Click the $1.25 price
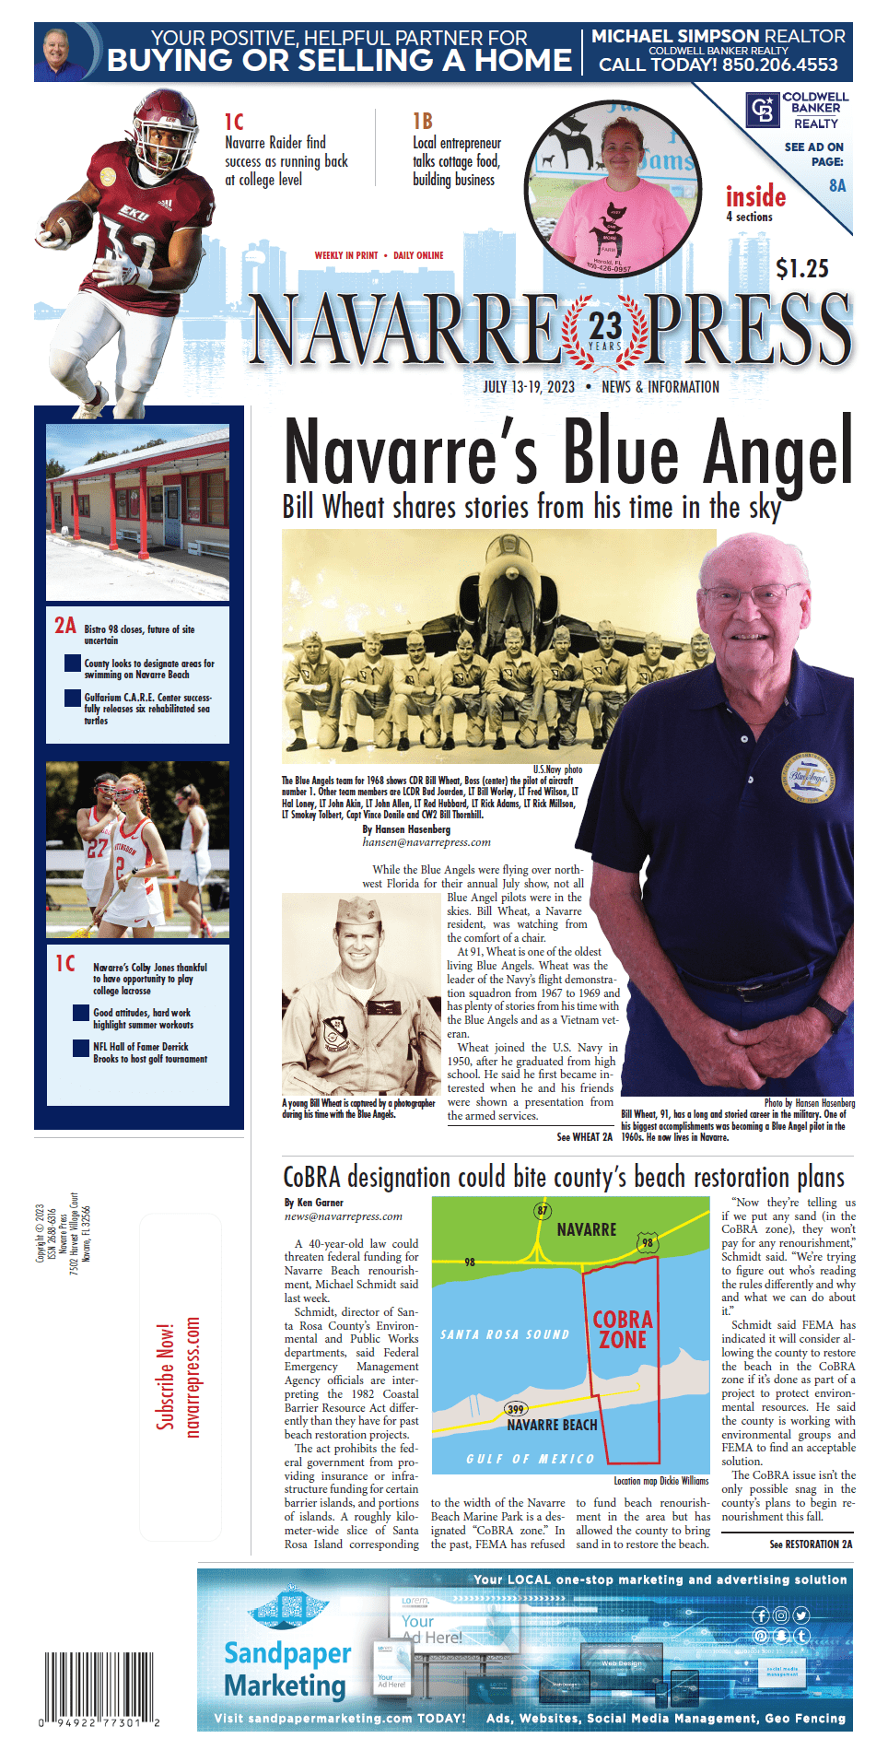(x=801, y=268)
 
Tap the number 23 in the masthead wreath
(x=605, y=325)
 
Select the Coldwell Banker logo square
(x=762, y=110)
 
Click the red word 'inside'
(x=755, y=196)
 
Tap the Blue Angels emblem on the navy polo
(x=810, y=777)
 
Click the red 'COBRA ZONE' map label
(x=623, y=1330)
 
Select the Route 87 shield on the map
(x=542, y=1210)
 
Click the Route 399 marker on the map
(x=516, y=1408)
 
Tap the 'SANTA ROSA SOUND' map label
(x=504, y=1333)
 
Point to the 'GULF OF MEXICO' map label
(x=530, y=1459)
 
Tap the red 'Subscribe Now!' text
(x=165, y=1377)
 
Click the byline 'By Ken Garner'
(x=313, y=1203)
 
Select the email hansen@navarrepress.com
(x=426, y=842)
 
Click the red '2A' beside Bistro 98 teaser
(x=64, y=626)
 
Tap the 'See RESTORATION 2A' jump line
(x=811, y=1544)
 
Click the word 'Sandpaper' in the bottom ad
(x=287, y=1652)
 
